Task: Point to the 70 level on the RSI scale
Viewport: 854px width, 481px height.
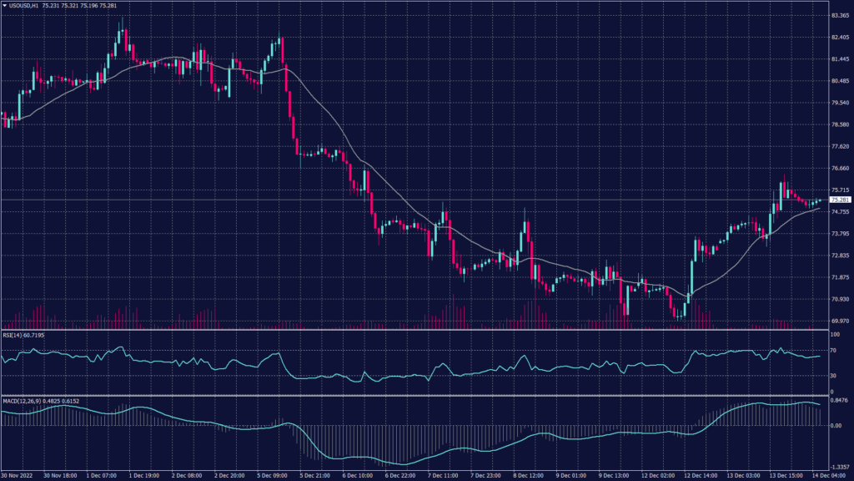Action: point(833,352)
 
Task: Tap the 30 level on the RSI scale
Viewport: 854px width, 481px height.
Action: point(833,375)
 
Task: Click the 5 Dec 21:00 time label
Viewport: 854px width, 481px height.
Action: point(313,476)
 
